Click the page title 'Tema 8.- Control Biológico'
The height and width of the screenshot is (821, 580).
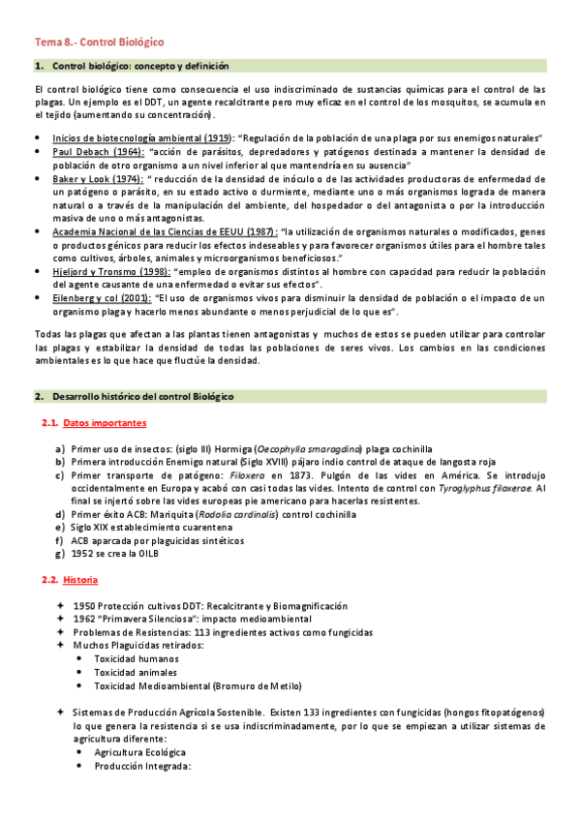tap(100, 43)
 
